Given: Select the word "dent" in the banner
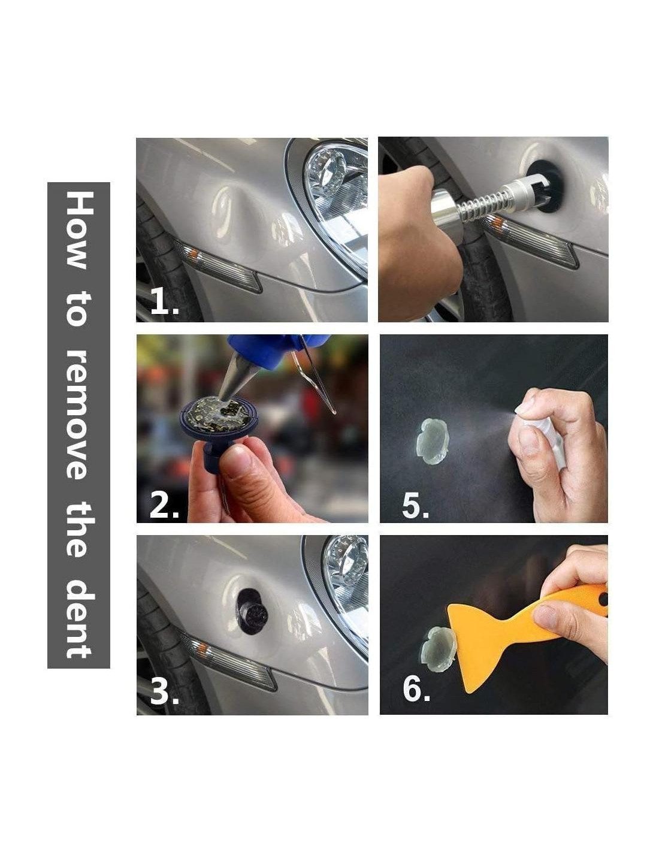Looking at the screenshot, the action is tap(79, 597).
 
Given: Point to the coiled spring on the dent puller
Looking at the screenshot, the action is tap(484, 204).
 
